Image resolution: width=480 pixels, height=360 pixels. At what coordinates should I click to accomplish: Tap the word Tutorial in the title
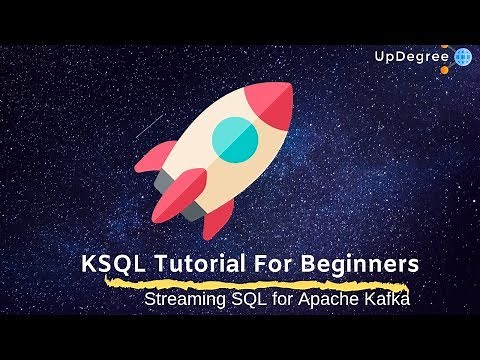[187, 265]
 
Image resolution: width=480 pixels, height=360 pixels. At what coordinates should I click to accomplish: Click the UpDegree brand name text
[411, 57]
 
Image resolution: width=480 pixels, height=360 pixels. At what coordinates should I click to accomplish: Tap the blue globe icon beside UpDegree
[463, 57]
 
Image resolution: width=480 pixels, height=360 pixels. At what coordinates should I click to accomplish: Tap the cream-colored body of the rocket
[215, 160]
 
